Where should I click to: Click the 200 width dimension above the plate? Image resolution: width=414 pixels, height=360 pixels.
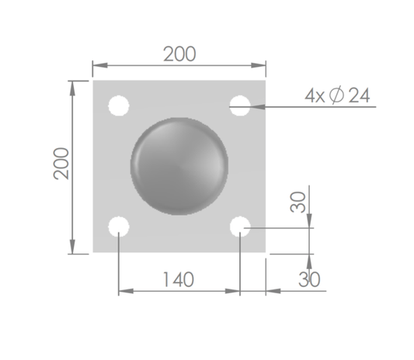coord(179,54)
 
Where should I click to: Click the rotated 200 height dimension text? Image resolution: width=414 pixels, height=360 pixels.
coord(61,164)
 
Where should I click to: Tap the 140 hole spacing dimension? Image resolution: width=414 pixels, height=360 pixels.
coord(179,279)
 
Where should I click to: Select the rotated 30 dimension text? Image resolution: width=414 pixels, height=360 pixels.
coord(297,202)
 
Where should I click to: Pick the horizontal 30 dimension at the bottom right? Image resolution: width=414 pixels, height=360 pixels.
coord(309,279)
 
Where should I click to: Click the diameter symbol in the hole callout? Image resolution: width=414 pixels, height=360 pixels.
coord(336,95)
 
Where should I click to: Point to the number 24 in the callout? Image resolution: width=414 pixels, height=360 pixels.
coord(359,95)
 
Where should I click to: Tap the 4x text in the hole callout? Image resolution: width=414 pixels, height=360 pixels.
coord(315,95)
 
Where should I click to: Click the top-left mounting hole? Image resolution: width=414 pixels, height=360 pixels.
coord(119,106)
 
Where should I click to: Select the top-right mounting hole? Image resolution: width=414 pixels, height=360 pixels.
coord(240,106)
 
